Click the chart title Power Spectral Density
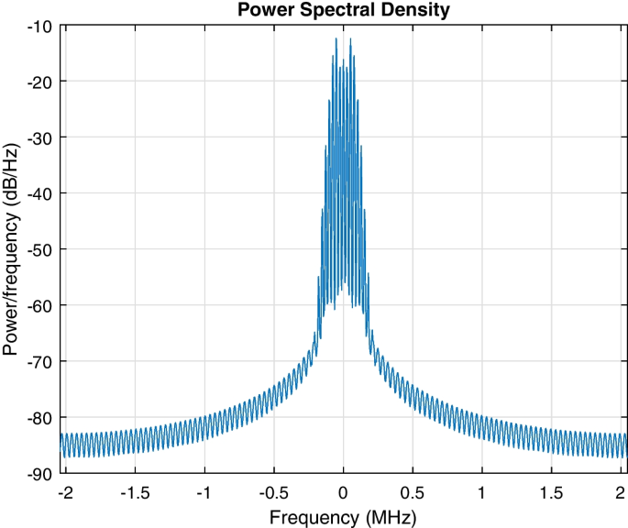(x=344, y=11)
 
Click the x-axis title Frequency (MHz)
(x=344, y=516)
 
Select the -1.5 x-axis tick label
(x=136, y=492)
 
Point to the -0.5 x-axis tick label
(x=274, y=492)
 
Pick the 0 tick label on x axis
(x=344, y=492)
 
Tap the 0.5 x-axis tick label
(x=413, y=492)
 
